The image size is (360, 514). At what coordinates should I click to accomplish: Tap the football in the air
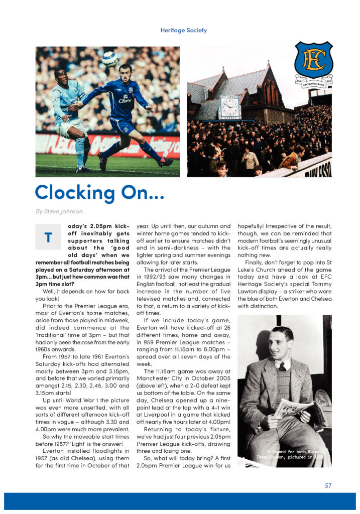pos(110,59)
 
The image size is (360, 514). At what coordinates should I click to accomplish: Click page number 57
pos(328,485)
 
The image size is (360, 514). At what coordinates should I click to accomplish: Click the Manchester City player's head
pos(60,75)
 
